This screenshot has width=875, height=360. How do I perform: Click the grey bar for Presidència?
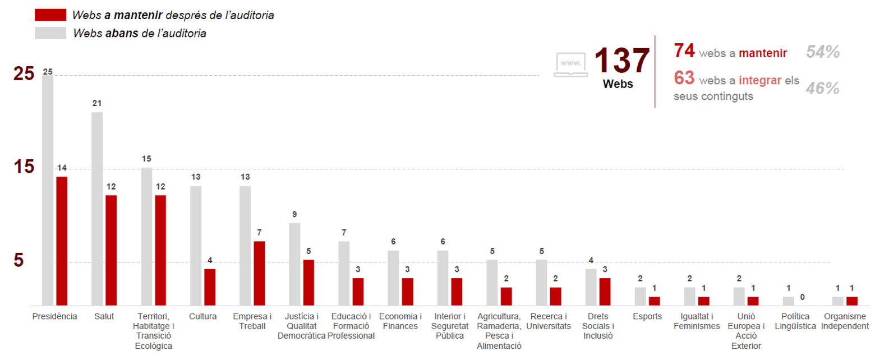pyautogui.click(x=48, y=190)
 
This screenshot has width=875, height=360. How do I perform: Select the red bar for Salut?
pyautogui.click(x=111, y=250)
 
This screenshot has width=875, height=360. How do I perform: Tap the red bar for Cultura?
pyautogui.click(x=210, y=287)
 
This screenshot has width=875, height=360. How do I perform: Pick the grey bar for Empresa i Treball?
pyautogui.click(x=245, y=245)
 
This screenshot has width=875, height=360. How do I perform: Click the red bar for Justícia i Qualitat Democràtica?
pyautogui.click(x=308, y=282)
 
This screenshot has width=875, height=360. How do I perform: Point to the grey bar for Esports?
pyautogui.click(x=640, y=296)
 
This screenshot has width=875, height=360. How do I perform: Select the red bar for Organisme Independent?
pyautogui.click(x=851, y=301)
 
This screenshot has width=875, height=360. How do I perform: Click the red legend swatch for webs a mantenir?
pyautogui.click(x=50, y=15)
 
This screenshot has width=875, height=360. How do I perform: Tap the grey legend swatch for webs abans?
pyautogui.click(x=50, y=33)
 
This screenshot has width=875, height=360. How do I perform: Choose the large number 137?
pyautogui.click(x=621, y=60)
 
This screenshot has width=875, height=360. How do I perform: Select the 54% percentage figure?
pyautogui.click(x=822, y=52)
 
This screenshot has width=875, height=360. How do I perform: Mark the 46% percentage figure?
pyautogui.click(x=822, y=88)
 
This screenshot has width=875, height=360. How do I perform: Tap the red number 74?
pyautogui.click(x=684, y=51)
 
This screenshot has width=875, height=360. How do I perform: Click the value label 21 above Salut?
pyautogui.click(x=97, y=103)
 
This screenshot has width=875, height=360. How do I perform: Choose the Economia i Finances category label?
pyautogui.click(x=400, y=321)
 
